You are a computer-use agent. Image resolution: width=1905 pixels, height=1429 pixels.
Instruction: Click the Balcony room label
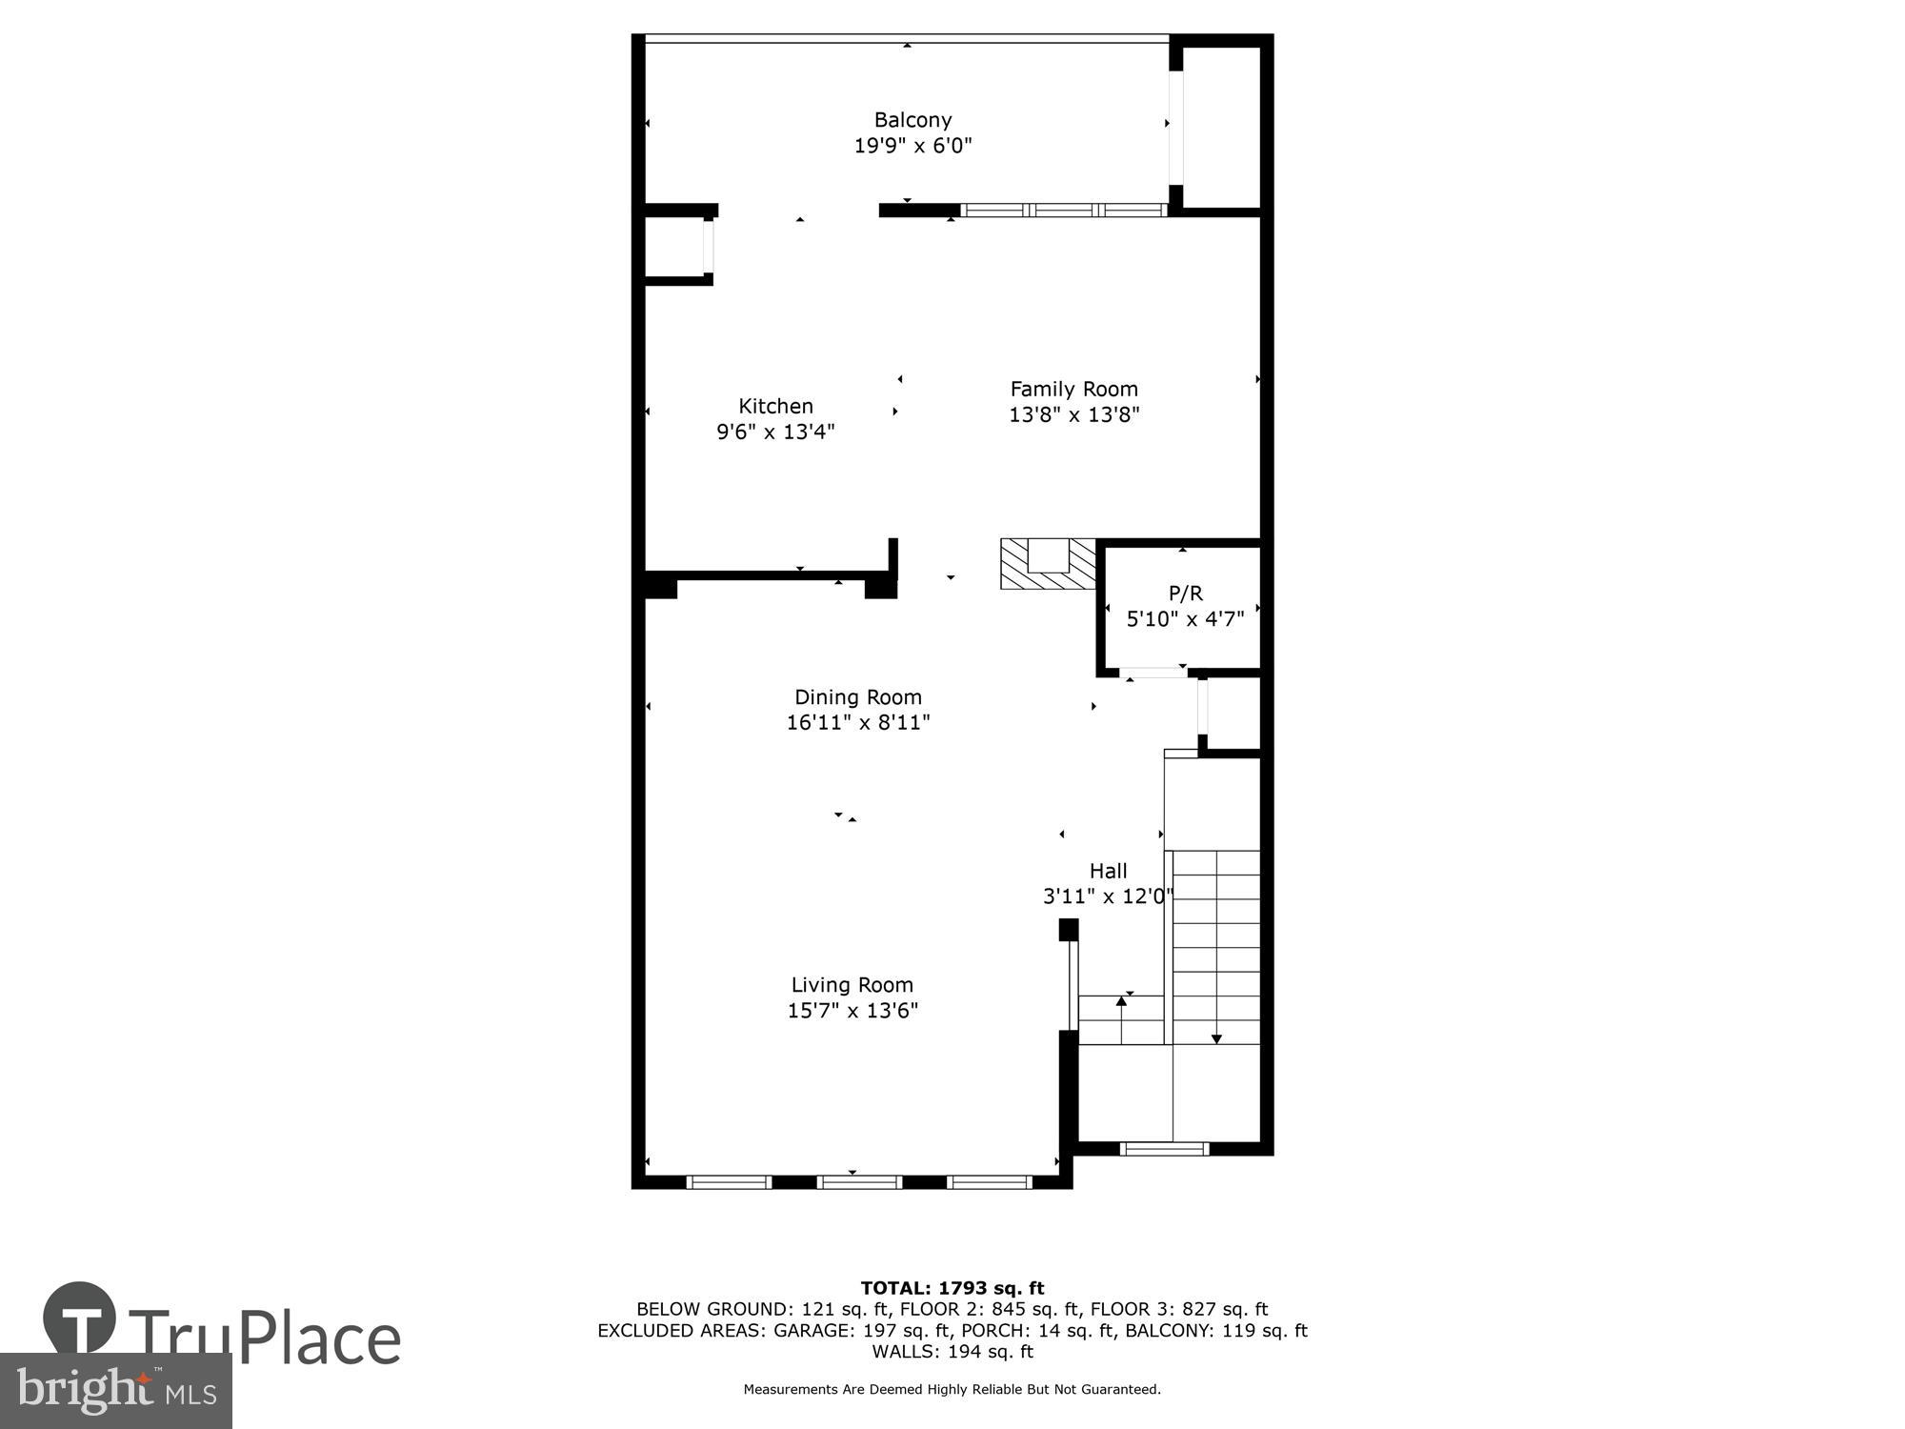tap(912, 120)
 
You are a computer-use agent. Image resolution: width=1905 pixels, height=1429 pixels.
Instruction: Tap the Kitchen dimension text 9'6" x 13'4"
tap(775, 432)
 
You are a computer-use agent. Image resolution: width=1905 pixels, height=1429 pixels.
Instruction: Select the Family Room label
tap(1073, 389)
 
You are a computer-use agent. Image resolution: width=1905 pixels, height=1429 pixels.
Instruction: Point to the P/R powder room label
tap(1185, 594)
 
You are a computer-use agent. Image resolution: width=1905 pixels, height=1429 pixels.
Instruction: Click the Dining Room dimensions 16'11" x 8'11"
tap(857, 722)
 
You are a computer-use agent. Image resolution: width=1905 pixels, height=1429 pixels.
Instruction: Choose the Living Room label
tap(852, 984)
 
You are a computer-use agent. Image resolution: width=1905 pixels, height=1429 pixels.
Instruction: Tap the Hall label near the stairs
tap(1108, 871)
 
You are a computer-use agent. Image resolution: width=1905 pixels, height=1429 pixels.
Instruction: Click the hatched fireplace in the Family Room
tap(1049, 565)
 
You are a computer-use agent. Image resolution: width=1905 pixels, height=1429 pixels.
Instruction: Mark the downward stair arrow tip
tap(1216, 1038)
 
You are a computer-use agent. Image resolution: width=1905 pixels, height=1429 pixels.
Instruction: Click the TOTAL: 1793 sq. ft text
tap(952, 1289)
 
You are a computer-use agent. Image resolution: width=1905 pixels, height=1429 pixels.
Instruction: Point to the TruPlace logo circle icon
tap(80, 1318)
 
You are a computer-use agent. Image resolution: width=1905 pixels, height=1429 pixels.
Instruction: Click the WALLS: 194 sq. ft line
tap(952, 1351)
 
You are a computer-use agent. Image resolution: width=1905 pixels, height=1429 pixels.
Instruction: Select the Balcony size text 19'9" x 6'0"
tap(912, 146)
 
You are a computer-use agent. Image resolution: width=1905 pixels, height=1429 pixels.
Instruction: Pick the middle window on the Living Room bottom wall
tap(859, 1182)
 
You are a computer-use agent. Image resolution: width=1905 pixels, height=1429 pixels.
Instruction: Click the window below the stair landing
tap(1165, 1149)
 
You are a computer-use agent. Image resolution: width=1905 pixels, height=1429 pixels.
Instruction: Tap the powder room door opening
tap(1154, 673)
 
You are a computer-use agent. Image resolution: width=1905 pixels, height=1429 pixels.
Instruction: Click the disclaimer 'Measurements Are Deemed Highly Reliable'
tap(952, 1389)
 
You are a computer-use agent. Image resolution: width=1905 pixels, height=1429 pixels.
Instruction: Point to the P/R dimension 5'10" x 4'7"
tap(1185, 619)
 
